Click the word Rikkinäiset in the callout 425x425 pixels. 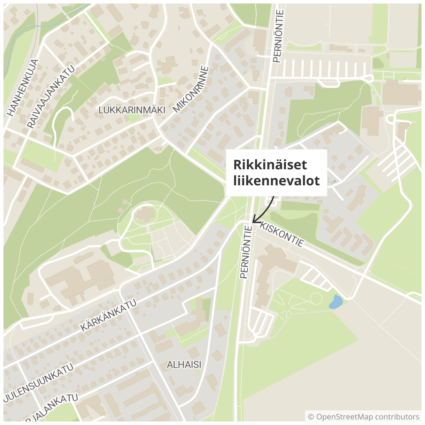(270, 165)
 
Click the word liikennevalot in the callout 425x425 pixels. (276, 181)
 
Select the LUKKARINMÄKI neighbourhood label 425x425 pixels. (132, 110)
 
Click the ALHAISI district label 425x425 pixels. (184, 365)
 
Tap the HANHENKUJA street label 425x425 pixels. (23, 88)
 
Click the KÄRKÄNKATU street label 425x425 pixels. (108, 316)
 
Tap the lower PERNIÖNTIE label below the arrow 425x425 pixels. (246, 252)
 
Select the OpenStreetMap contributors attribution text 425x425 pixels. (368, 417)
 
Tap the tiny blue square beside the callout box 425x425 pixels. (334, 181)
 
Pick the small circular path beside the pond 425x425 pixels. (316, 299)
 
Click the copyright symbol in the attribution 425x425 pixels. (311, 417)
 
